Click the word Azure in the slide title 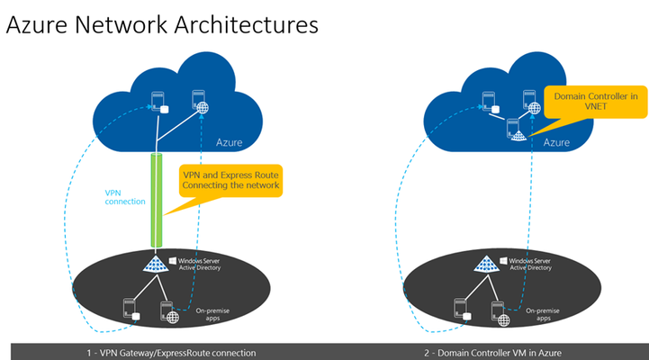click(36, 25)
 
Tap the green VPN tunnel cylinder click(156, 201)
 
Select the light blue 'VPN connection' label click(124, 197)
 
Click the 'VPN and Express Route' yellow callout click(230, 180)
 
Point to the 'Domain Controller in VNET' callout click(595, 102)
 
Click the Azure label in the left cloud click(229, 142)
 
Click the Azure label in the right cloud click(556, 142)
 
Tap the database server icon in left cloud click(159, 103)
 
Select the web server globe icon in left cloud click(200, 102)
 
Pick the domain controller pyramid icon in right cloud click(516, 130)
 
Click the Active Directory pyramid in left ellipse click(155, 264)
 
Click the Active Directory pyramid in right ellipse click(486, 264)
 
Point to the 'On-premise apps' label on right click(542, 314)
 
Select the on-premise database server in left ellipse click(131, 309)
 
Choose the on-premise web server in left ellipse click(170, 312)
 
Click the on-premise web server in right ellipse click(500, 314)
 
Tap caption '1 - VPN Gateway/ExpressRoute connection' click(171, 353)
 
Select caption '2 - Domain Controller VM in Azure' click(492, 353)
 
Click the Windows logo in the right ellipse click(503, 261)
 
